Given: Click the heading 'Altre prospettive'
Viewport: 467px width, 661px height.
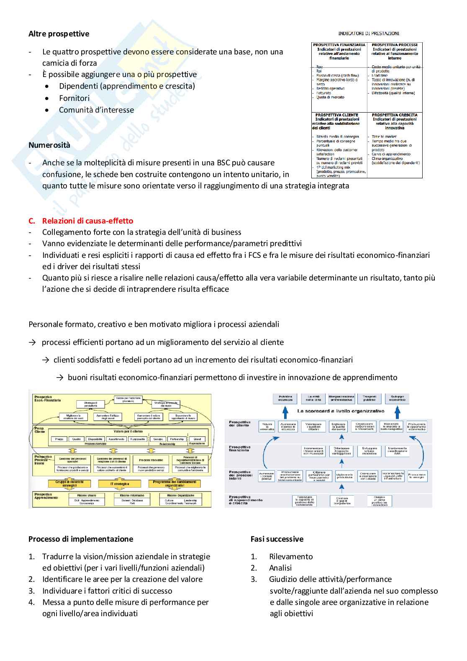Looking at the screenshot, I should click(x=59, y=34).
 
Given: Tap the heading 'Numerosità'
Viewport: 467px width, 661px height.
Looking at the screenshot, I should click(x=49, y=145).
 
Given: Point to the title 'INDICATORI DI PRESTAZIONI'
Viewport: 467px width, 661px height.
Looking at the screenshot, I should click(x=369, y=33).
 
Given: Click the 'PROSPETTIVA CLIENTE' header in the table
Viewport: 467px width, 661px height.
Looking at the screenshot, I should click(x=337, y=115).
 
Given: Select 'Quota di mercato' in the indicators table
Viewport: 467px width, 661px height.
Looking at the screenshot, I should click(x=330, y=97).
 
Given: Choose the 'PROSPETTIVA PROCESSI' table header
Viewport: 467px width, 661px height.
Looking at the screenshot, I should click(x=394, y=45).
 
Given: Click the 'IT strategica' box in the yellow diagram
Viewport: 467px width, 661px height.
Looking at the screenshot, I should click(x=119, y=484).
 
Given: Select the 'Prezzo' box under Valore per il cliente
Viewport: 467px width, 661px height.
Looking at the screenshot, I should click(x=59, y=439).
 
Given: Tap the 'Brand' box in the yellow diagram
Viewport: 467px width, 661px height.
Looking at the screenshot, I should click(x=197, y=439).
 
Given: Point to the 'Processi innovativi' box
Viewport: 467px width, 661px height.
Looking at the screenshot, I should click(x=151, y=460).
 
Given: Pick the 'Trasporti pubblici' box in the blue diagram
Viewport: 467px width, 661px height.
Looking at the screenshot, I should click(x=369, y=398).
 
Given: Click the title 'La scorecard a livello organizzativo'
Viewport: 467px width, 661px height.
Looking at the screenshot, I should click(x=341, y=411).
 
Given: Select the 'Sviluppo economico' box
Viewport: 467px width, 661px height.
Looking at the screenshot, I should click(x=397, y=398).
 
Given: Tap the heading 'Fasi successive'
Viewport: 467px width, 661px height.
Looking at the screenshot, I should click(x=277, y=539).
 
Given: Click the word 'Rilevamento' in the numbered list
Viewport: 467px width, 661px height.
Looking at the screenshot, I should click(x=291, y=556).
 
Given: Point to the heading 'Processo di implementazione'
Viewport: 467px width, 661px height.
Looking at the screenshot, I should click(x=81, y=539).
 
